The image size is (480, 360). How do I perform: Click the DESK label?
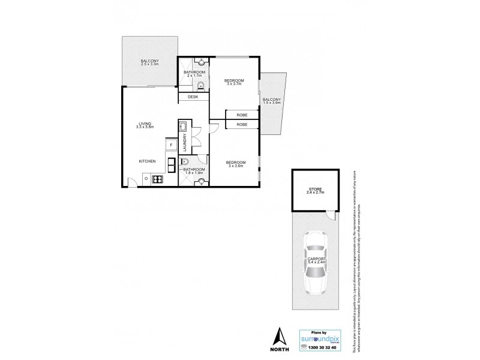193,97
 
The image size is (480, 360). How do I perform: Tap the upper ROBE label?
243,114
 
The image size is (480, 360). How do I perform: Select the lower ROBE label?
243,124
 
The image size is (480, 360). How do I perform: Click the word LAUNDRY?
185,146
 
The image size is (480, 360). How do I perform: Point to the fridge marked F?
171,145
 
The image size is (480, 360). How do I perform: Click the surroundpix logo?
323,338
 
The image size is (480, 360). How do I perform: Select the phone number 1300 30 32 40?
326,348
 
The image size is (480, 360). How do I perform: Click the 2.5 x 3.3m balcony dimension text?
149,64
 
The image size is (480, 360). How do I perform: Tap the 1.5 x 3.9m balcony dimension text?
272,103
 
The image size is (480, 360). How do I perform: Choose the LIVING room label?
144,124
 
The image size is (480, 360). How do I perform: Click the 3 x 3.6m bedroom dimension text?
235,167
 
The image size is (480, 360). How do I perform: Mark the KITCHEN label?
148,161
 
